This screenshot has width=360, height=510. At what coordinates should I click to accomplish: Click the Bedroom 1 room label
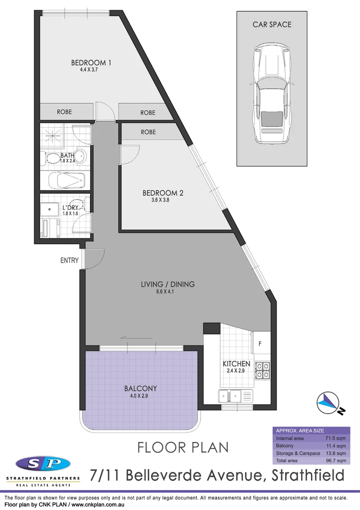pyautogui.click(x=91, y=62)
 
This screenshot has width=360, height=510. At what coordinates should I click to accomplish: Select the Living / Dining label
pyautogui.click(x=167, y=284)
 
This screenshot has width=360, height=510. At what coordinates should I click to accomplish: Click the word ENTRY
pyautogui.click(x=69, y=260)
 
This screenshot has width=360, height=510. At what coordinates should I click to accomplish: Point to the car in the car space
pyautogui.click(x=270, y=95)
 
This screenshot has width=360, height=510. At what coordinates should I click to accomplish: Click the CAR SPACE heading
pyautogui.click(x=272, y=25)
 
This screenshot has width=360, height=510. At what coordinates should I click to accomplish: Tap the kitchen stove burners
pyautogui.click(x=262, y=370)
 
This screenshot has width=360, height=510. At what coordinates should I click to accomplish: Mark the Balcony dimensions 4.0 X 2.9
pyautogui.click(x=140, y=396)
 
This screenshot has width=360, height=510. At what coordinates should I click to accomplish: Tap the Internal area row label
pyautogui.click(x=290, y=438)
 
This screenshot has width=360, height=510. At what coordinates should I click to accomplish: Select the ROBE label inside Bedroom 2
pyautogui.click(x=148, y=132)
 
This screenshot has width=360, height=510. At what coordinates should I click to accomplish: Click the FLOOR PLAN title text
pyautogui.click(x=183, y=447)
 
